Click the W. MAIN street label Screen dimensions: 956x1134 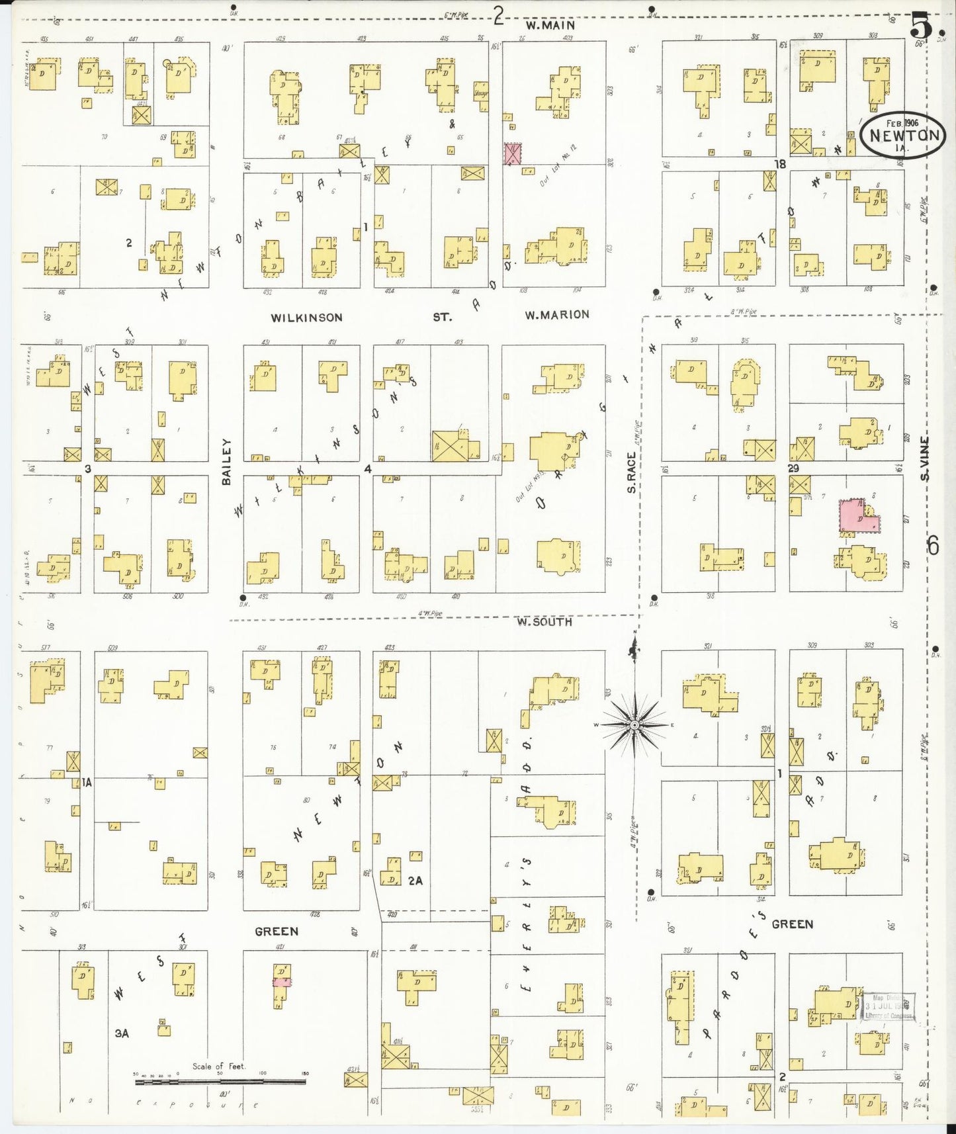[550, 25]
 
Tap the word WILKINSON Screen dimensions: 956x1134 [306, 318]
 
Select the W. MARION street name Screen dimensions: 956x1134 [557, 315]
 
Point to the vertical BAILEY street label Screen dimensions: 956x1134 [226, 462]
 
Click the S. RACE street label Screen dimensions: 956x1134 [631, 472]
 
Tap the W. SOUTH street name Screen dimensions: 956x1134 [544, 622]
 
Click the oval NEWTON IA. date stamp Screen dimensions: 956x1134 [903, 136]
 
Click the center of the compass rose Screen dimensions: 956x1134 [634, 725]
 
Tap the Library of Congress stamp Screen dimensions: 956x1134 [889, 1006]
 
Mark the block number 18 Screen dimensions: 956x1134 [781, 164]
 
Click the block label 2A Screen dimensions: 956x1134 [415, 881]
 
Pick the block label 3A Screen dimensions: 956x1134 [122, 1033]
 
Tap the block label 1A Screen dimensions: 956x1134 [87, 783]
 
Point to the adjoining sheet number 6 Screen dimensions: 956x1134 [933, 546]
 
